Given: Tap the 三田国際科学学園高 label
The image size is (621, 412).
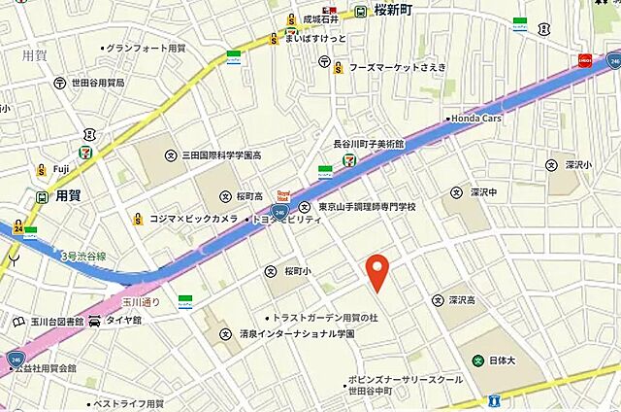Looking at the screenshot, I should [x=219, y=154].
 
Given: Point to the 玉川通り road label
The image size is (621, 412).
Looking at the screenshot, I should [x=145, y=301].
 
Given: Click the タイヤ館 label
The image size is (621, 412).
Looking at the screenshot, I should [x=123, y=320].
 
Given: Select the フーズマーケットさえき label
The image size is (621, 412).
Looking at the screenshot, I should [x=397, y=67].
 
